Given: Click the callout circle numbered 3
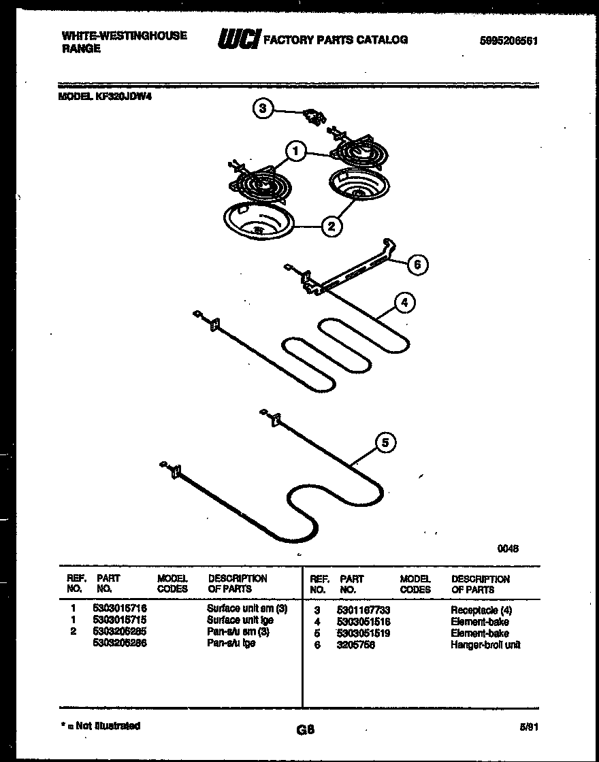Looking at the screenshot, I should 263,109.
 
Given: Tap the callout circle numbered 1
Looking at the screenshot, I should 295,151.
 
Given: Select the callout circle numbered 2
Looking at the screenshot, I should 331,227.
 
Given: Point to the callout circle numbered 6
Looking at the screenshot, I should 417,265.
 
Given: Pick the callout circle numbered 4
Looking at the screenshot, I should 404,303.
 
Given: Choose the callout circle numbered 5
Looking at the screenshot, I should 385,443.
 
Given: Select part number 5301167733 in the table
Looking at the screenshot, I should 363,610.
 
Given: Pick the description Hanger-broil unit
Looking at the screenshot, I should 485,644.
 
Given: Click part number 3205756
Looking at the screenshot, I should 355,644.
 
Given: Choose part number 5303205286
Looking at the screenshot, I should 120,643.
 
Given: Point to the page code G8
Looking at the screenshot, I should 305,731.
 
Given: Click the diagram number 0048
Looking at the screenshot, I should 508,549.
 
